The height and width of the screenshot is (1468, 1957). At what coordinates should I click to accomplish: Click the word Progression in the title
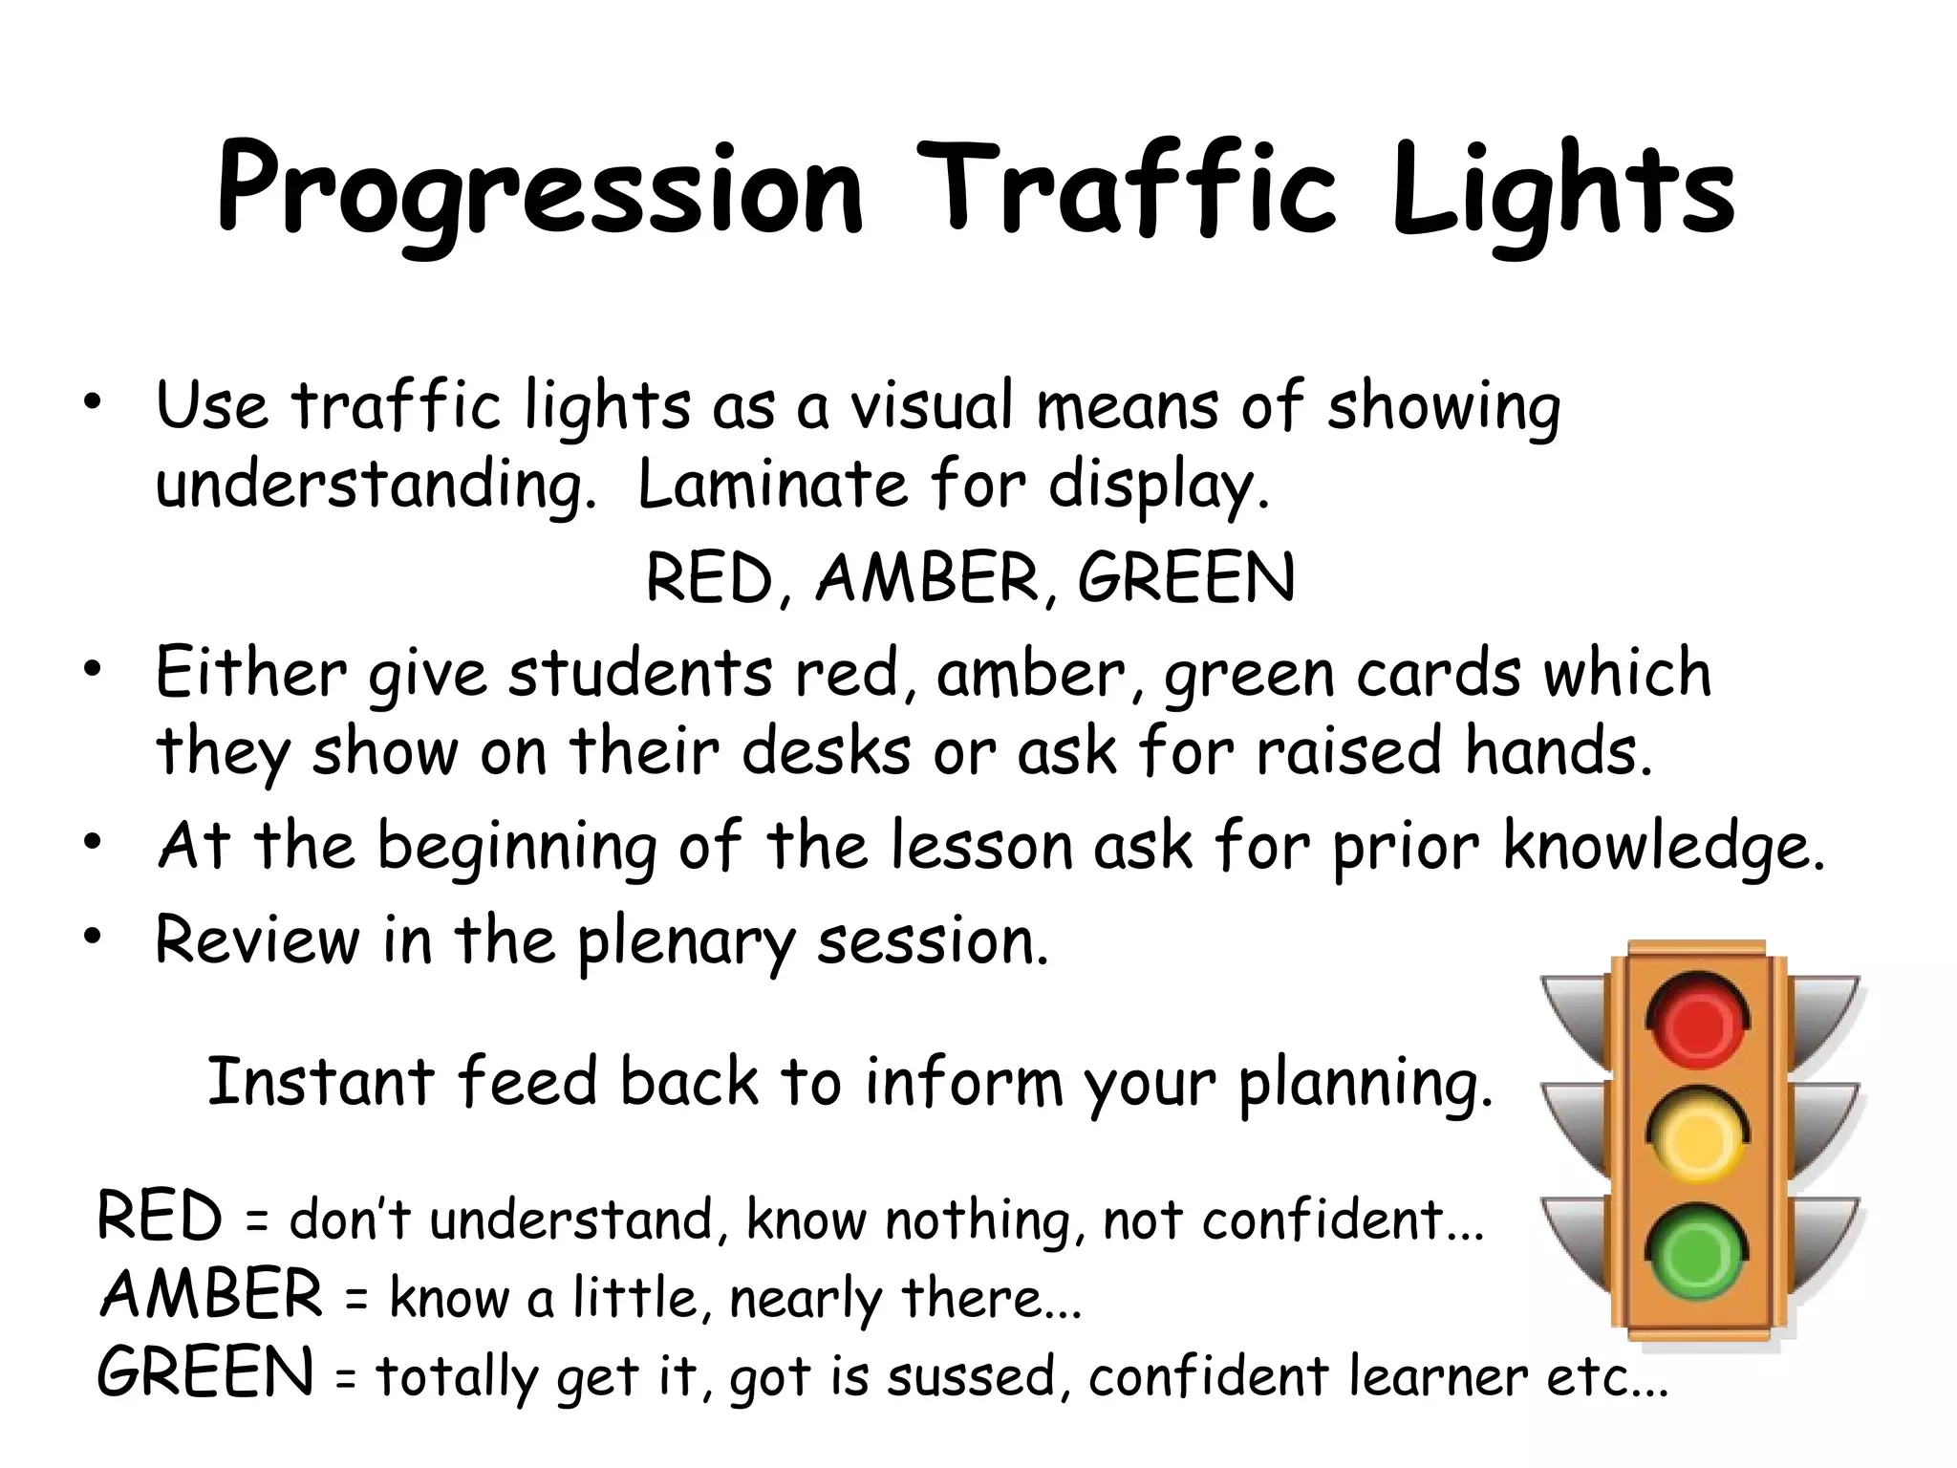tap(540, 191)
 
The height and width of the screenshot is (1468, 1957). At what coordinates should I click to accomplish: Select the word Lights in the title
tap(1562, 191)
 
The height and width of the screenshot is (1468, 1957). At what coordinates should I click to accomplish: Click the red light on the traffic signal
tap(1698, 1023)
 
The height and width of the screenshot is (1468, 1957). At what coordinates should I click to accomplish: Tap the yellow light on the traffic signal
tap(1698, 1137)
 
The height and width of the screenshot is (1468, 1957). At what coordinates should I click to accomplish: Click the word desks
tap(827, 751)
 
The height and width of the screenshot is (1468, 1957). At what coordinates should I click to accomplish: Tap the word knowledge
tap(1663, 848)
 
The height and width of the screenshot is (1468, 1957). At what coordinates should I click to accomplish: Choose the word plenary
tap(685, 943)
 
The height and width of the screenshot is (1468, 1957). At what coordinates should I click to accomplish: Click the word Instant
tap(321, 1082)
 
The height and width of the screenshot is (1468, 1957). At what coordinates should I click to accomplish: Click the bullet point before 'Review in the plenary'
tap(91, 939)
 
